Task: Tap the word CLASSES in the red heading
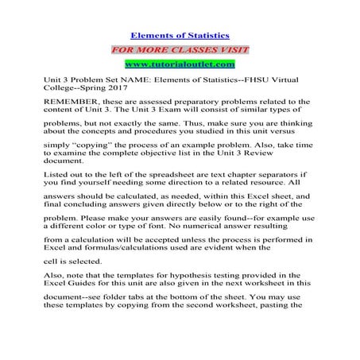pos(180,49)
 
